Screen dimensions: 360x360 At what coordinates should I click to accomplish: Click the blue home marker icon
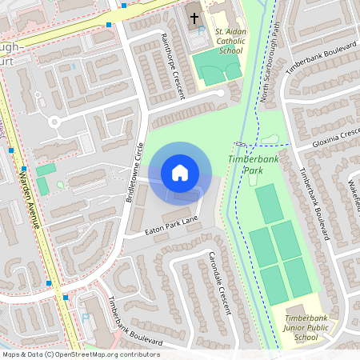point(180,172)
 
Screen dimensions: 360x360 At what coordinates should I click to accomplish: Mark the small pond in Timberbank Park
point(271,139)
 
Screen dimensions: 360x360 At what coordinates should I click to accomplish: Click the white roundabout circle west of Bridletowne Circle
point(56,122)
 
